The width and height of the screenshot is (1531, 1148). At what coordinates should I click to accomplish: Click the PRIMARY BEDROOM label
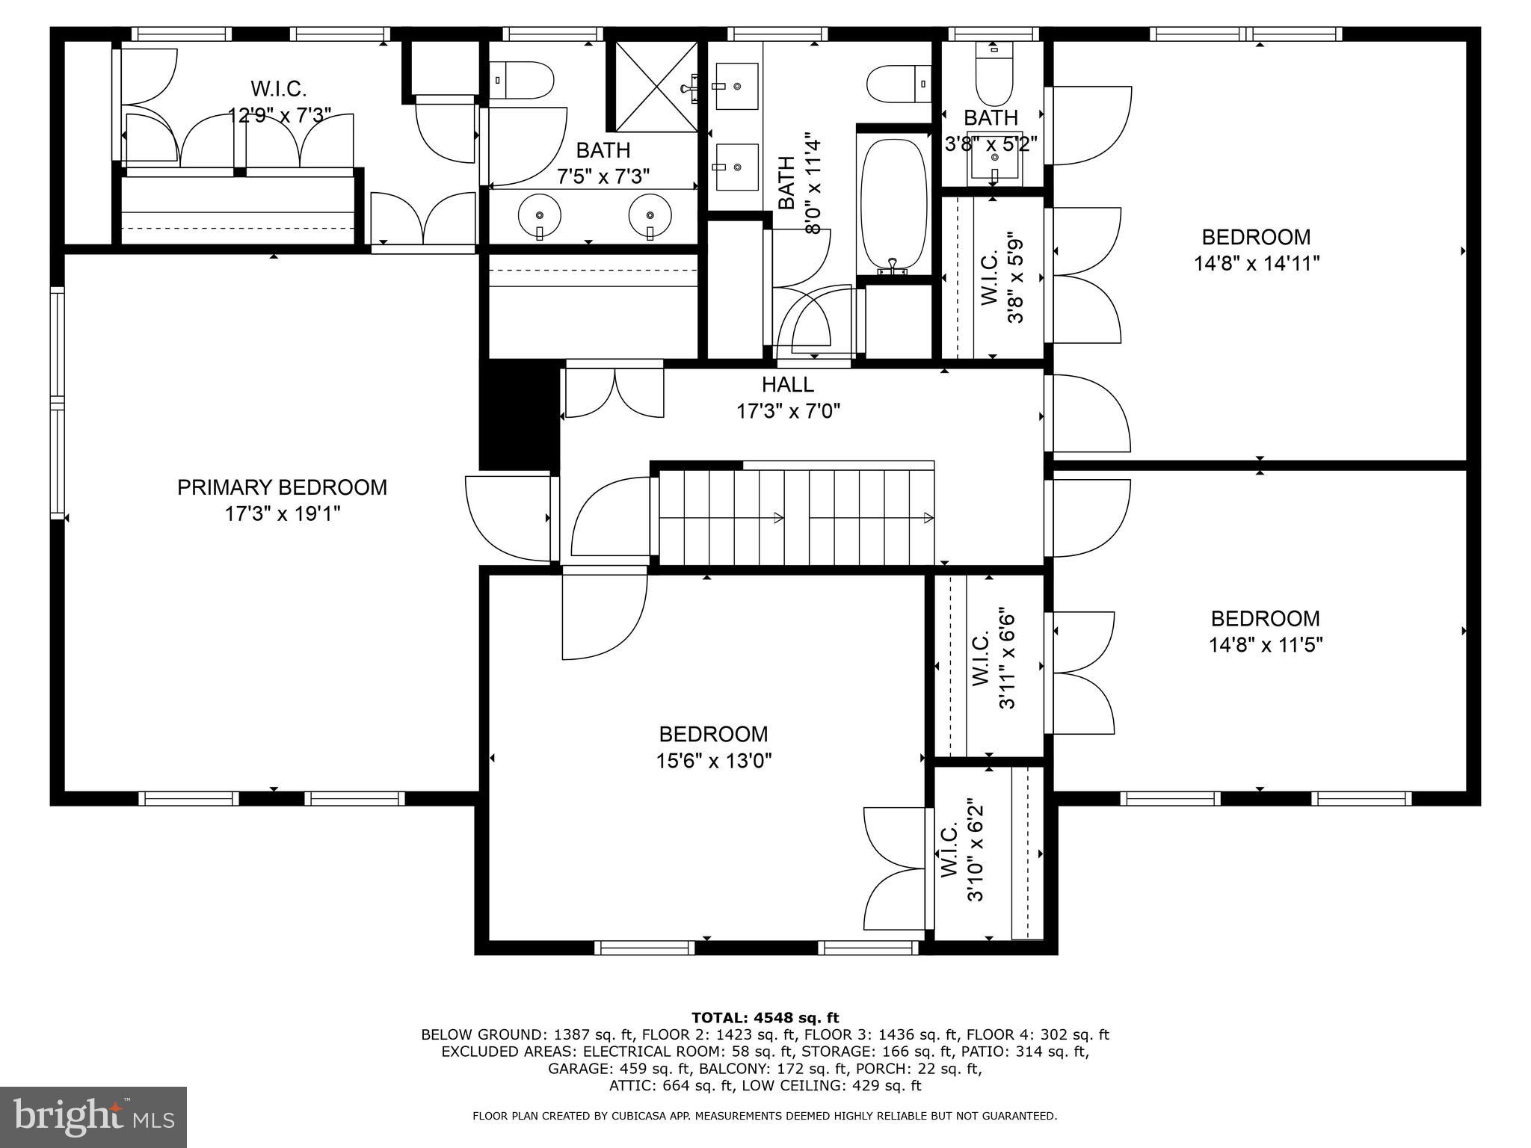pos(282,487)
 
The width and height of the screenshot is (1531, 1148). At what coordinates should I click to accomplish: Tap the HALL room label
pos(787,385)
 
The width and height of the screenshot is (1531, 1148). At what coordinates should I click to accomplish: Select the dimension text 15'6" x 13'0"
pos(713,761)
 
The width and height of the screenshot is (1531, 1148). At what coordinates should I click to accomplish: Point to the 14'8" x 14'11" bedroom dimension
pos(1256,263)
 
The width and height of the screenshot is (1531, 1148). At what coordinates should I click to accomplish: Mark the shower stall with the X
pos(656,87)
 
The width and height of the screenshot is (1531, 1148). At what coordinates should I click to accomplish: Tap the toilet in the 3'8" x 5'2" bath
pos(994,75)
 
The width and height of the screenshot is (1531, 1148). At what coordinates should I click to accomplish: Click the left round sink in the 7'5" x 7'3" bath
pos(539,215)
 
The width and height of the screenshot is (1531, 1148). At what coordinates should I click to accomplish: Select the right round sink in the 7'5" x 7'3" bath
pos(650,215)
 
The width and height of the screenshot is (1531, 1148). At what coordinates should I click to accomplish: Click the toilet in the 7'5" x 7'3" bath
pos(523,80)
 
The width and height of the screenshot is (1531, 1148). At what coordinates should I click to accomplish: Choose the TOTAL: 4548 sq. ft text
pos(765,1017)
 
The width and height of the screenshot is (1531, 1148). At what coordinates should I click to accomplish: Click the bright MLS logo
pos(93,1117)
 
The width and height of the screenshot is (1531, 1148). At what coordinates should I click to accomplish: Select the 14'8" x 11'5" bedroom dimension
pos(1266,644)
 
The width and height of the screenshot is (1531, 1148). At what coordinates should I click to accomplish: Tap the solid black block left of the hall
pos(519,414)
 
